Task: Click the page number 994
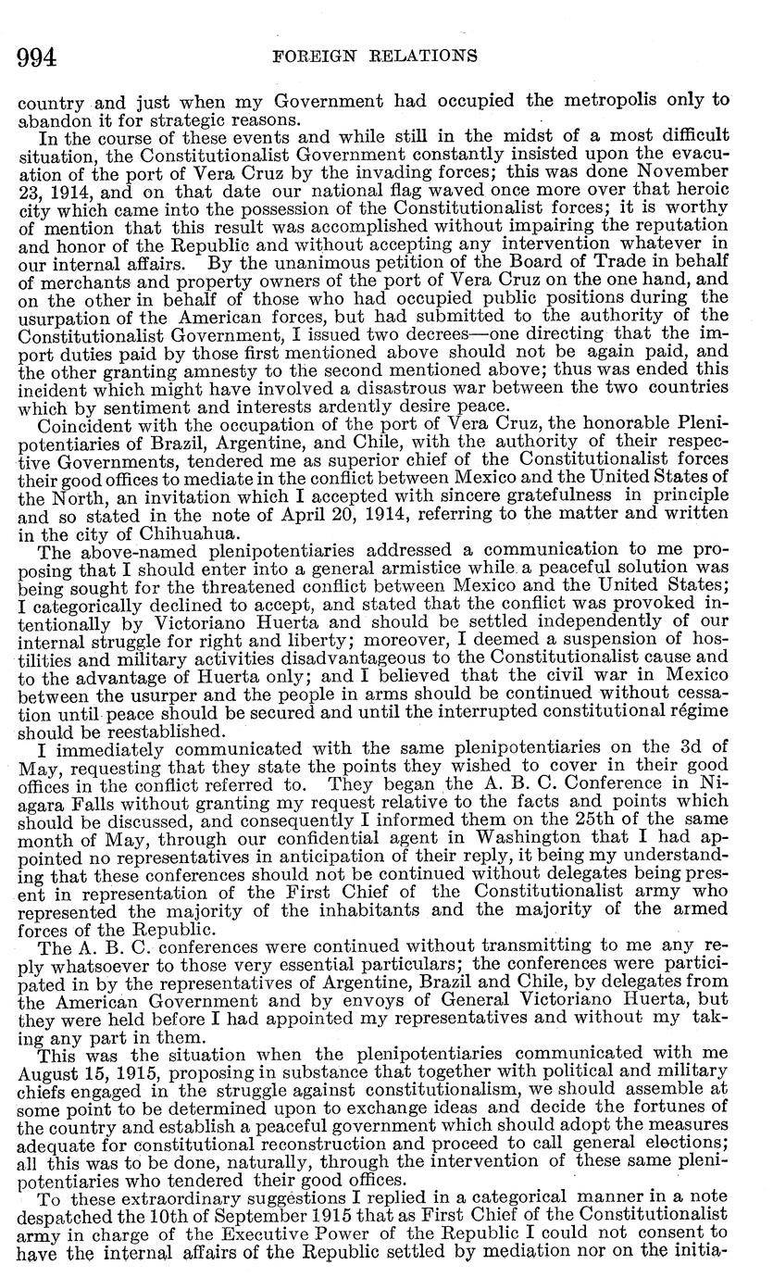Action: [37, 57]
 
